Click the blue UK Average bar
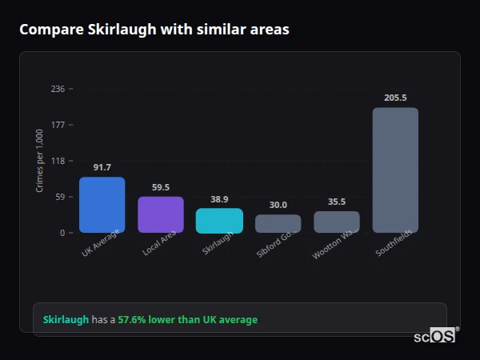click(102, 205)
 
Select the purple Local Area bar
click(161, 214)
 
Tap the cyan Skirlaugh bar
click(219, 220)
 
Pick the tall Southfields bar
click(395, 170)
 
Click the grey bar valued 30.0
click(278, 223)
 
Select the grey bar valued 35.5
click(337, 222)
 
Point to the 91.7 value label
click(102, 167)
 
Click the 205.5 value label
click(395, 98)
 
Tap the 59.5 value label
click(161, 187)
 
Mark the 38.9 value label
click(219, 199)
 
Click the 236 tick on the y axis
click(58, 89)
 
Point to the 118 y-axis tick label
click(58, 161)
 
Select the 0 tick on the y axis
click(62, 233)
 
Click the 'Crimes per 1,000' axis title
click(40, 161)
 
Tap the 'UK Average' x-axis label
click(101, 243)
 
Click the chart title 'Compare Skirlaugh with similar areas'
click(154, 30)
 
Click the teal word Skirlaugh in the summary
click(66, 320)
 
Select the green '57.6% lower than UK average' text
click(188, 320)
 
